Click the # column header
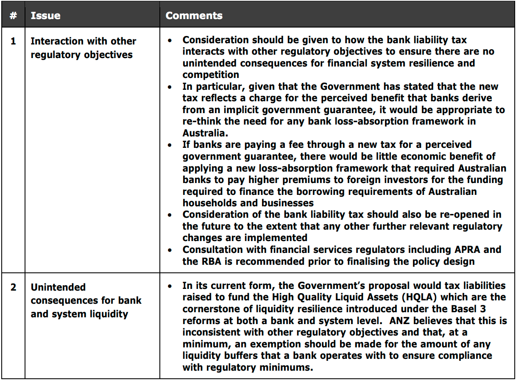(x=13, y=16)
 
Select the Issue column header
(x=45, y=16)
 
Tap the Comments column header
(x=194, y=16)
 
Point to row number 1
(x=13, y=41)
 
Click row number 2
(x=13, y=287)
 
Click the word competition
(x=211, y=75)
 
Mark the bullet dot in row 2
(x=170, y=286)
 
